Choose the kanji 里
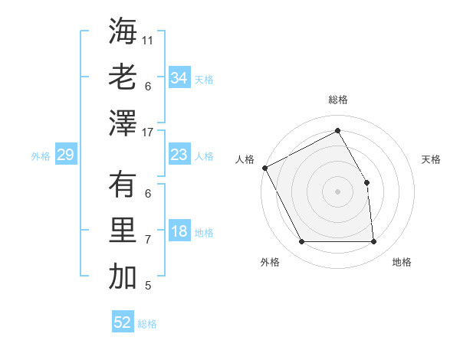123,230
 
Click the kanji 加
123,276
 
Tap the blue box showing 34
179,78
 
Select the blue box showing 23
179,155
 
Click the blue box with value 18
179,232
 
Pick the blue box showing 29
65,155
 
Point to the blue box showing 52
123,322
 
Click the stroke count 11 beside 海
149,39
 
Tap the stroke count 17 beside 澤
149,133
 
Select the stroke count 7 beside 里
148,240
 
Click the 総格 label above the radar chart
337,100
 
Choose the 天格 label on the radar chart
431,159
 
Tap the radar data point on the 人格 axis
264,167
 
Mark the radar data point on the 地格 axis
374,242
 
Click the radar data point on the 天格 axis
366,182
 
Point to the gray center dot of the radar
337,191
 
